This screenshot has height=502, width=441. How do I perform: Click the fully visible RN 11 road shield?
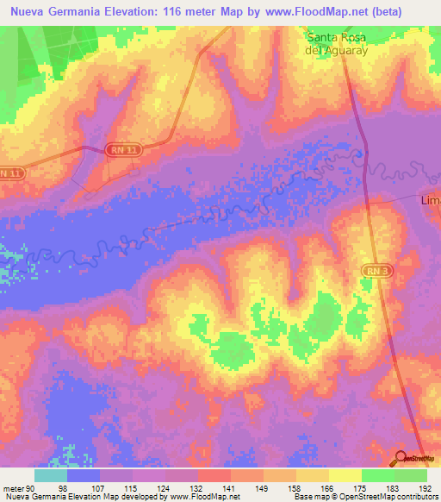click(x=123, y=150)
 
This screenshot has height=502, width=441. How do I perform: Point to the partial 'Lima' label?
click(x=430, y=200)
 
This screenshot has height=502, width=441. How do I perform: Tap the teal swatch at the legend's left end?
click(x=51, y=475)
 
